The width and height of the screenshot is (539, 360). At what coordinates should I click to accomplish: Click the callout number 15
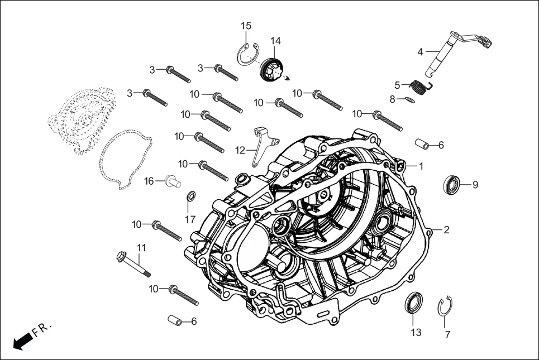point(246,26)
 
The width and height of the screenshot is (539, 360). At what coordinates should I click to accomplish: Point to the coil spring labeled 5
point(419,87)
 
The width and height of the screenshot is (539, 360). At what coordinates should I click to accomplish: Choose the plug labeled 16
point(172,181)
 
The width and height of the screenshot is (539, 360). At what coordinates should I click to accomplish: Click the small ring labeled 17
point(190,196)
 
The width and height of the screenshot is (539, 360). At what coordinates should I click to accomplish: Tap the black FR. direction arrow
point(21,341)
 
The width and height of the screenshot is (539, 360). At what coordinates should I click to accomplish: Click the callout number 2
point(447,229)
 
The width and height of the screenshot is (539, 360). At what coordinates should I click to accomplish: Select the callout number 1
point(421,166)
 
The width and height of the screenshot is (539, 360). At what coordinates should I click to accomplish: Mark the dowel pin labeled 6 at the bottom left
point(175,321)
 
